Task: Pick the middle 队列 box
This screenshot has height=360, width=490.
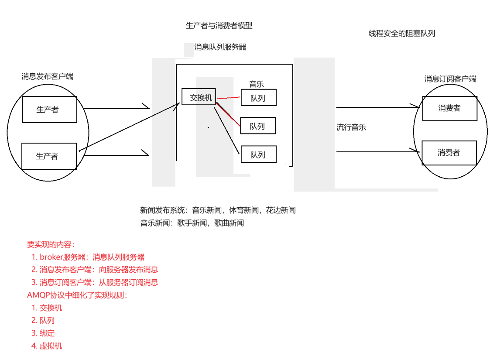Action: [258, 126]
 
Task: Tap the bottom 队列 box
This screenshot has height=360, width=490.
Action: [258, 154]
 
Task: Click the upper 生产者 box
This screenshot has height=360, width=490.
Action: [50, 110]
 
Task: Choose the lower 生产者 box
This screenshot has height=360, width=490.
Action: [49, 156]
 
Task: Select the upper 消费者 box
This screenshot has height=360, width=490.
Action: [449, 108]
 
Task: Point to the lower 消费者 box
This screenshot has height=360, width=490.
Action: [449, 153]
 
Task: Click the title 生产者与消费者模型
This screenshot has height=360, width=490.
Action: [219, 26]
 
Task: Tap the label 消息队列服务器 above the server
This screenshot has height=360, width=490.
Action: [220, 47]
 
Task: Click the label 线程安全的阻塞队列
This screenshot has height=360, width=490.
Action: [402, 33]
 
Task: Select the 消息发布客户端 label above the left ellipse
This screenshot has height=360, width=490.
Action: [48, 77]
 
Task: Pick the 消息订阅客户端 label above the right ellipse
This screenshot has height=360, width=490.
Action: [450, 79]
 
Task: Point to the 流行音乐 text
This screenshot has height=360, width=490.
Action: [351, 127]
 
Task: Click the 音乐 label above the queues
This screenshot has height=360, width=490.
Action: [257, 84]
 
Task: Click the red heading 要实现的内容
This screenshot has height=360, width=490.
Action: [51, 244]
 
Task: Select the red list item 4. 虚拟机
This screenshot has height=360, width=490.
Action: [47, 346]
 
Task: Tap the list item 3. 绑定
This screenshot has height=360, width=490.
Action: [43, 333]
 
